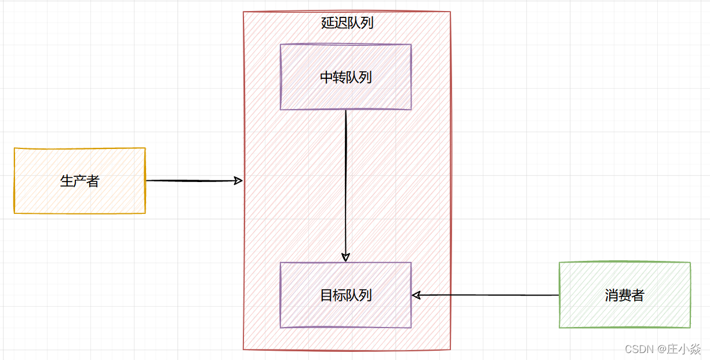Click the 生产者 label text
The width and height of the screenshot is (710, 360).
pyautogui.click(x=80, y=181)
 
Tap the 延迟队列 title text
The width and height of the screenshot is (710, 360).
pyautogui.click(x=347, y=23)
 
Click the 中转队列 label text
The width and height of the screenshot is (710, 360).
pyautogui.click(x=346, y=77)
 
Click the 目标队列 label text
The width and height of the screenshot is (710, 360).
pyautogui.click(x=346, y=295)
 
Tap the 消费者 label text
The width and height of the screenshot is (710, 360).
pyautogui.click(x=624, y=295)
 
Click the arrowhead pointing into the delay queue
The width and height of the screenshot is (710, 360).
pyautogui.click(x=238, y=181)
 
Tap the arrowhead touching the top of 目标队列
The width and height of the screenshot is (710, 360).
pyautogui.click(x=346, y=257)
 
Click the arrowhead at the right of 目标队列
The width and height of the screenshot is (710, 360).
pyautogui.click(x=416, y=295)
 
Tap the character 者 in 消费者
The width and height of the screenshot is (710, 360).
pyautogui.click(x=638, y=295)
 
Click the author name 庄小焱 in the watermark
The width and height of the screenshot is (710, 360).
pyautogui.click(x=684, y=349)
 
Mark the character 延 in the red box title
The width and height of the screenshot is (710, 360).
pyautogui.click(x=327, y=23)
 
